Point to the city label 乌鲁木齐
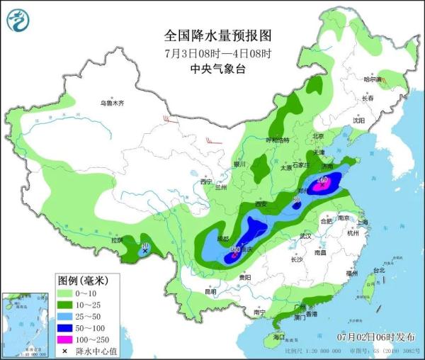pyautogui.click(x=111, y=103)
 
